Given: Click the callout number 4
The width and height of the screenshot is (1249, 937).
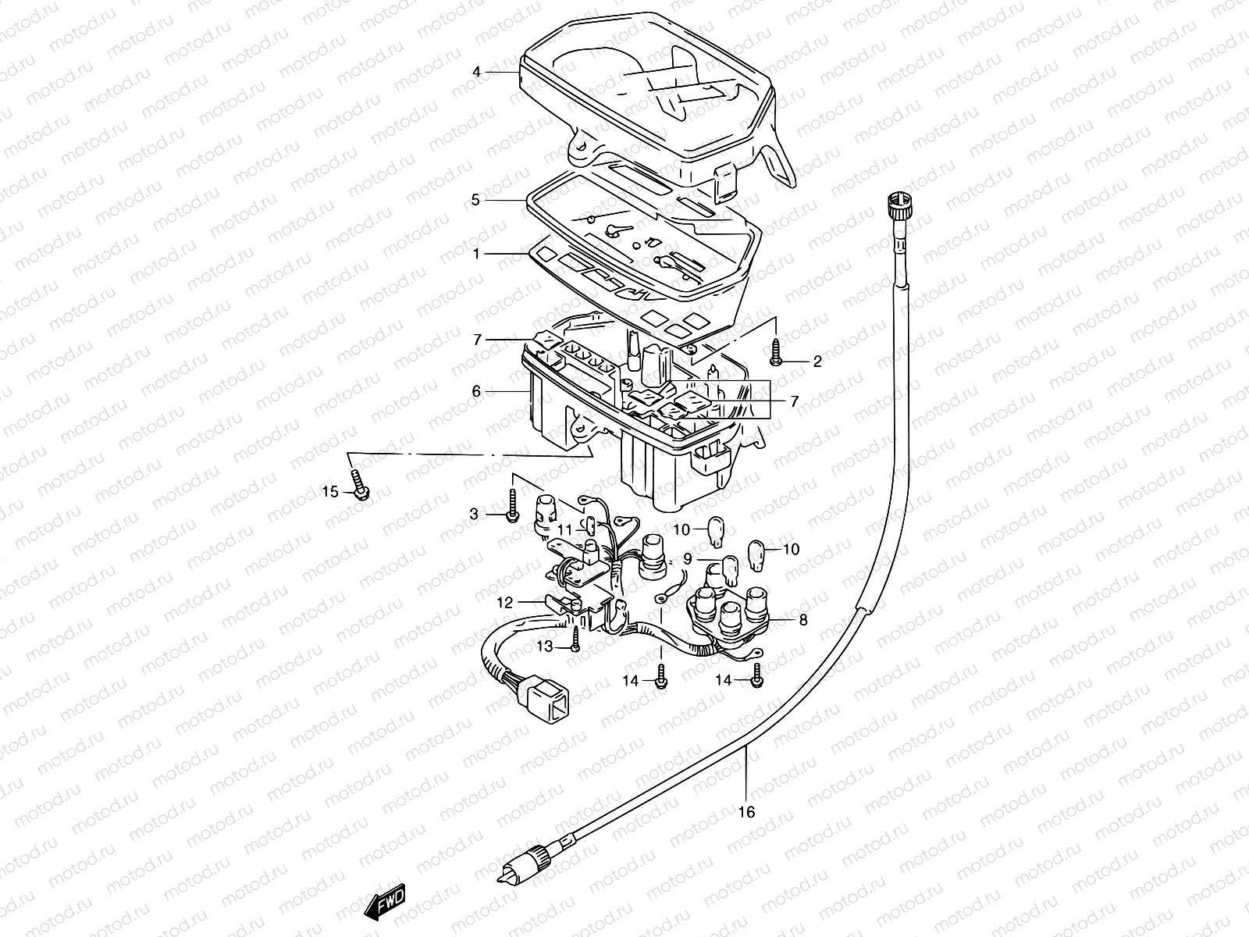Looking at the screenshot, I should click(x=476, y=73).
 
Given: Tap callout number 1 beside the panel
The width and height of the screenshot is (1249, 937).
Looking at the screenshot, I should click(x=475, y=255).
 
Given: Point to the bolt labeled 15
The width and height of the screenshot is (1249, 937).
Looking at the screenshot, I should click(x=359, y=488).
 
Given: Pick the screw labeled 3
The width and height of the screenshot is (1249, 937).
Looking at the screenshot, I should click(x=511, y=507).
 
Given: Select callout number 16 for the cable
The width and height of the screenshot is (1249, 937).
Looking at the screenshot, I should click(x=747, y=812).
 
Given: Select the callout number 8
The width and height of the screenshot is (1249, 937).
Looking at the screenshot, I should click(x=803, y=622).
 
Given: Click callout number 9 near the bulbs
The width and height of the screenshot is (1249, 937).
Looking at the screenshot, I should click(x=687, y=559).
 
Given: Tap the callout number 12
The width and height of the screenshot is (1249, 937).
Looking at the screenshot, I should click(x=506, y=603).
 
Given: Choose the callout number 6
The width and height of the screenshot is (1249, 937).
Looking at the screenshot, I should click(x=476, y=391).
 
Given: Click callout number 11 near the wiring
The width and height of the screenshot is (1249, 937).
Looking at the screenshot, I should click(x=564, y=529).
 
